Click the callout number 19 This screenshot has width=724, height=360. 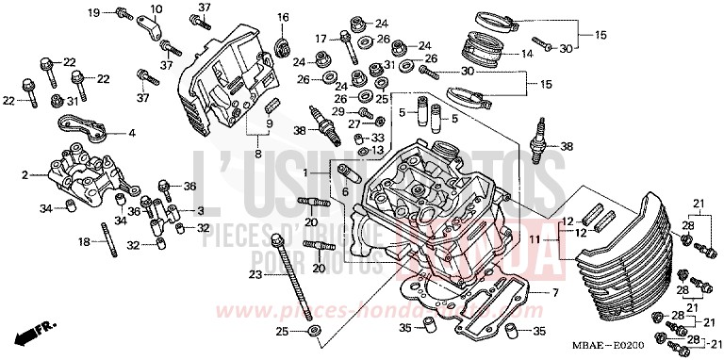point(93,12)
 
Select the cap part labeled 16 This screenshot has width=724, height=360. point(282,46)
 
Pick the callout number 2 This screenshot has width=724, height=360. point(25,175)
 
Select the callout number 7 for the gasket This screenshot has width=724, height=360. point(555,292)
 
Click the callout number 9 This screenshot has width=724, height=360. point(269,124)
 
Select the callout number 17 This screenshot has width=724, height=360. point(321,39)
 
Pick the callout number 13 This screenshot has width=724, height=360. point(377,151)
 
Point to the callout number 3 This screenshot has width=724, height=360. point(201,211)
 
